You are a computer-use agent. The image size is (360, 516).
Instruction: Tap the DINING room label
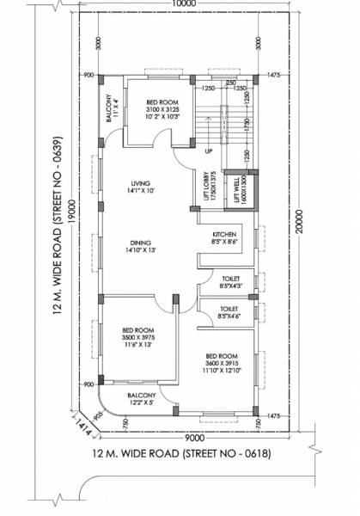[140, 247]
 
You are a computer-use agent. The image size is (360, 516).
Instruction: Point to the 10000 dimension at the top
[182, 4]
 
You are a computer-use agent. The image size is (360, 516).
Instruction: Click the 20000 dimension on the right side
[297, 220]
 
